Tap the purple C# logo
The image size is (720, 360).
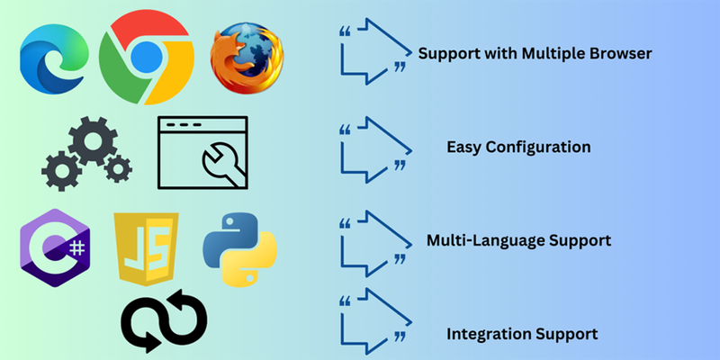(x=56, y=247)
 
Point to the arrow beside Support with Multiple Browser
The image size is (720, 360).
(x=373, y=51)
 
